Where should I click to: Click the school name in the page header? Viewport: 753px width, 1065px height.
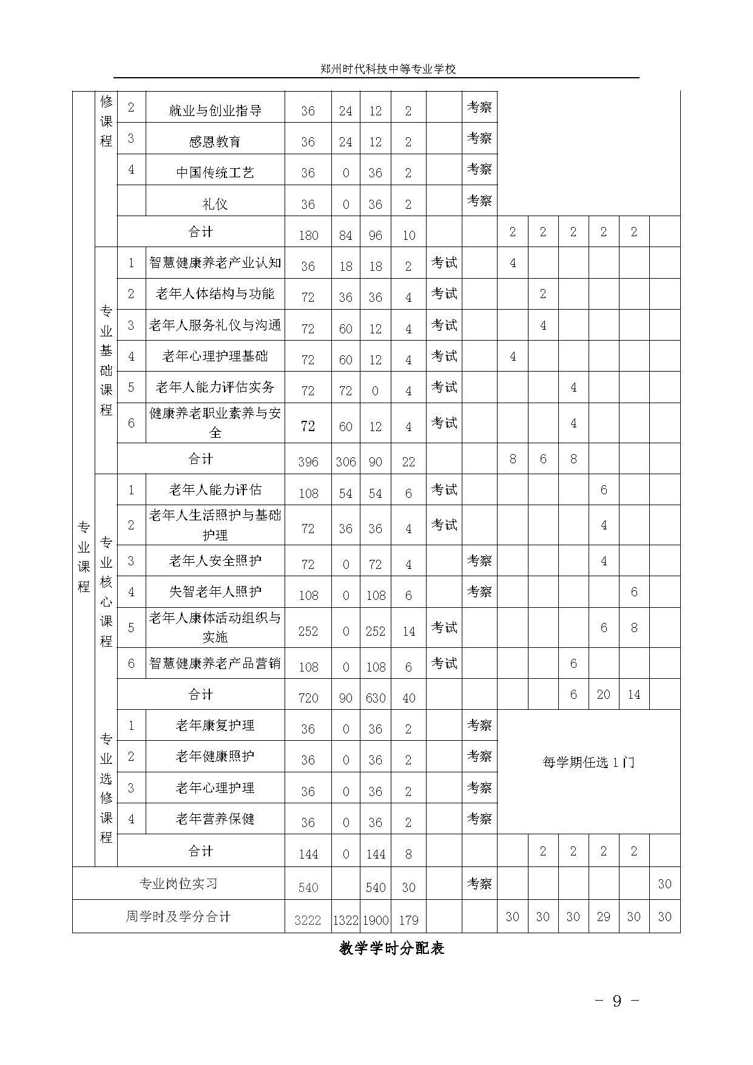pos(388,69)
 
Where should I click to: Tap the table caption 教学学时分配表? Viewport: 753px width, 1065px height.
pos(391,948)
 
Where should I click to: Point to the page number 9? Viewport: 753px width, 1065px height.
pos(616,1001)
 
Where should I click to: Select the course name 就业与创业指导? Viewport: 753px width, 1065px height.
pos(215,111)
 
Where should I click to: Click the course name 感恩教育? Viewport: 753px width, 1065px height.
pos(215,141)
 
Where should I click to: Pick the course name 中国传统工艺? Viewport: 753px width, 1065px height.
pos(215,172)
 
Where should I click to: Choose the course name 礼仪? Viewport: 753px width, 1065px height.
pos(215,204)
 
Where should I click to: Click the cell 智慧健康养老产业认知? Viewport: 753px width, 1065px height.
pos(215,262)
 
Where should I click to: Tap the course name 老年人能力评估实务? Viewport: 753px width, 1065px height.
pos(215,387)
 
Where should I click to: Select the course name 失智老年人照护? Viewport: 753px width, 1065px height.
pos(215,591)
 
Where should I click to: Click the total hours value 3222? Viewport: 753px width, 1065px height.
pos(308,920)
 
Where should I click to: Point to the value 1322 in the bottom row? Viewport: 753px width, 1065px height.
pos(345,920)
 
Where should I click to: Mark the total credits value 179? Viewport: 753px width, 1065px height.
pos(408,920)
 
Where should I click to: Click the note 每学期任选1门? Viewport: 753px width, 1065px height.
pos(588,763)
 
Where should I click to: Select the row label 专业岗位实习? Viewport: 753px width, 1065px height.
pos(178,884)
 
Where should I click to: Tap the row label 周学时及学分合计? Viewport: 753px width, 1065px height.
pos(178,916)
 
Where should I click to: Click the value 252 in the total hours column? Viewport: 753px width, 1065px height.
pos(308,631)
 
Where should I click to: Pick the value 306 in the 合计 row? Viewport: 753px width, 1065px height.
pos(345,461)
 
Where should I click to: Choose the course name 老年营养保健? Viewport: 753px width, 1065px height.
pos(215,818)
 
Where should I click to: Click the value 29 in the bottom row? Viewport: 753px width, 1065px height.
pos(603,916)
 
